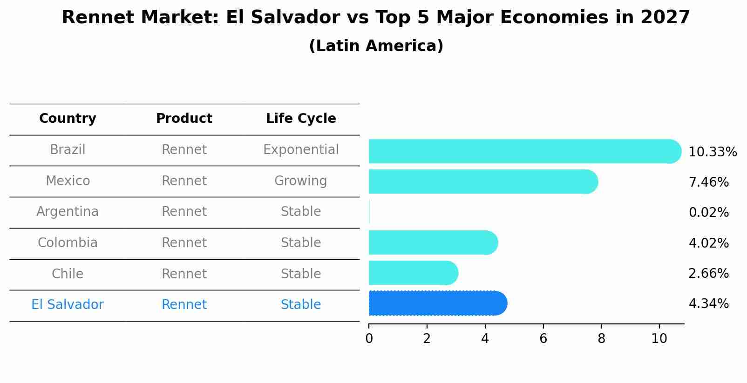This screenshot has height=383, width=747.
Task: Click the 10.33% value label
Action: click(x=712, y=152)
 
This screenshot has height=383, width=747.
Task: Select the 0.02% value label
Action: click(x=708, y=213)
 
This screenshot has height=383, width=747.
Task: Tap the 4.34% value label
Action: click(x=708, y=304)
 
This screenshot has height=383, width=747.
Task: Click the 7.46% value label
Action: click(x=708, y=182)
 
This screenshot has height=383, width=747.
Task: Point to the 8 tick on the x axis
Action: click(x=601, y=339)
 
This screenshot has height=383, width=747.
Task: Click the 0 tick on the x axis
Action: click(x=369, y=339)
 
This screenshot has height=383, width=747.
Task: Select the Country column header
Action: click(x=68, y=119)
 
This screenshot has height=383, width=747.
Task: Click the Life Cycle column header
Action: click(x=301, y=119)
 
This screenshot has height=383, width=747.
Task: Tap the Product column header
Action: click(x=184, y=119)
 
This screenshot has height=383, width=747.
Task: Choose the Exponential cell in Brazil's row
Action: click(x=301, y=150)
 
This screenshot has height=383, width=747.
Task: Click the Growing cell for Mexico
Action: click(x=300, y=181)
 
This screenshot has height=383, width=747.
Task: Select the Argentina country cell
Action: click(x=68, y=212)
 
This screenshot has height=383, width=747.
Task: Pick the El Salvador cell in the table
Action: click(x=68, y=305)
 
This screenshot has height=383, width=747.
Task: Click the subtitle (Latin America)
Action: click(x=376, y=46)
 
